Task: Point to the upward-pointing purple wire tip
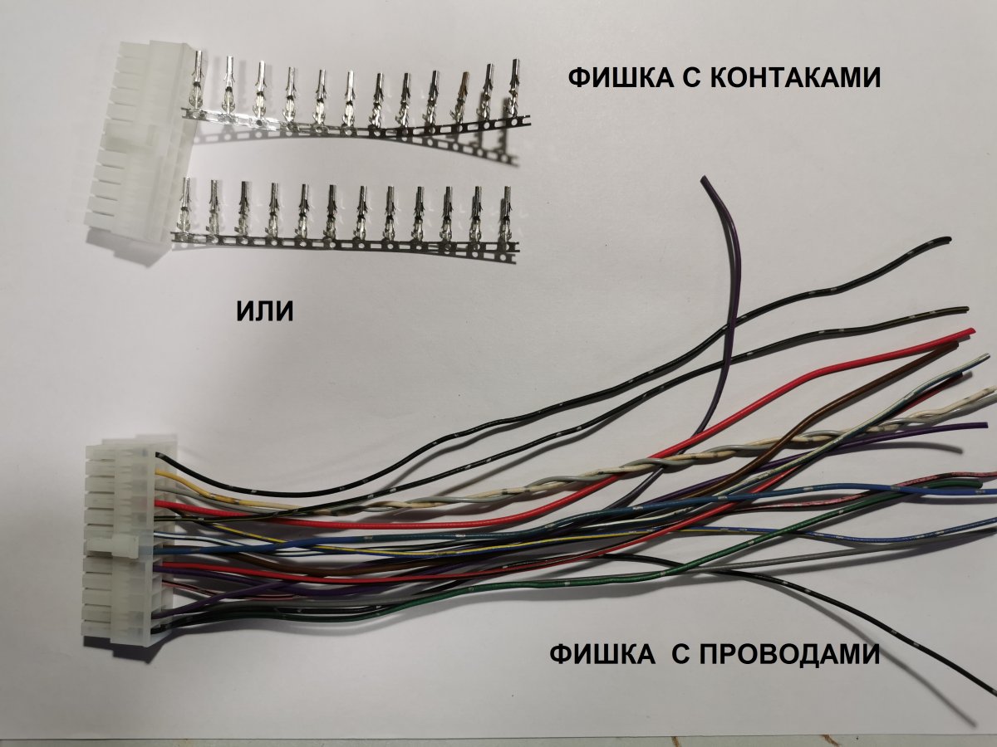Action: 705,180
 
